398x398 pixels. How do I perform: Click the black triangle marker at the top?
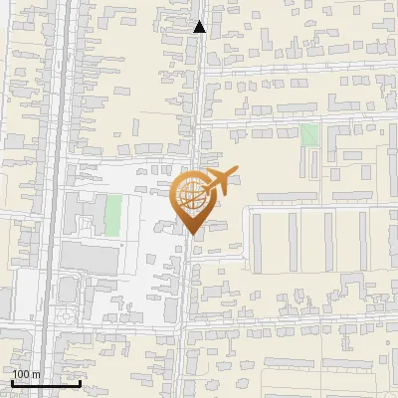pos(200,27)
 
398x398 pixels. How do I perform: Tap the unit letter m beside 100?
pos(37,374)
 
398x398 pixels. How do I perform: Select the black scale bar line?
pos(46,383)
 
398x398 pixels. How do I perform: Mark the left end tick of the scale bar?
pos(13,381)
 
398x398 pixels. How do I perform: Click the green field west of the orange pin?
pos(113,216)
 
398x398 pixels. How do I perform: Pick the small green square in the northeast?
pos(309,135)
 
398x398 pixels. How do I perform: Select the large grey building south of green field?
pos(91,258)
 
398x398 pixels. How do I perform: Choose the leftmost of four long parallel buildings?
pos(257,242)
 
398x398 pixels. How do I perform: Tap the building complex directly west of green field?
pos(83,215)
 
